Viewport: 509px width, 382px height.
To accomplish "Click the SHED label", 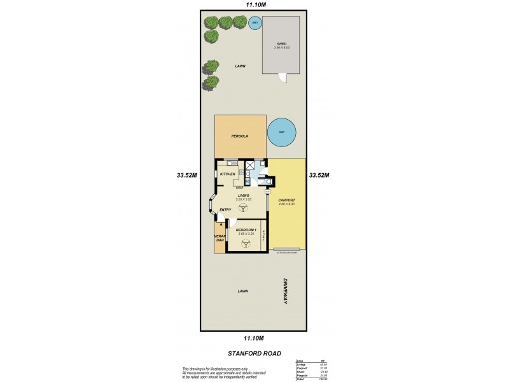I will [x=281, y=43].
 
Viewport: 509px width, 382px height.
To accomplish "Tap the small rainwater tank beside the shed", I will [x=255, y=24].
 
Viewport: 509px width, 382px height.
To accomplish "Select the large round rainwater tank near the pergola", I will [x=281, y=133].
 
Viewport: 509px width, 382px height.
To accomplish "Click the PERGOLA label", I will [x=239, y=136].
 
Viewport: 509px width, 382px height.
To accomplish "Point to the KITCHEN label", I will [x=227, y=174].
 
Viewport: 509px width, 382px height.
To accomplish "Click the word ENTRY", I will [x=225, y=209].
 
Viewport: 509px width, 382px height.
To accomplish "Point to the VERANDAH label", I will [x=220, y=238].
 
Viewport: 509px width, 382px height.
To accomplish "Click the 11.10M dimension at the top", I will [x=254, y=5].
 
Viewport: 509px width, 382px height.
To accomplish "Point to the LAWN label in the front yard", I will [x=242, y=291].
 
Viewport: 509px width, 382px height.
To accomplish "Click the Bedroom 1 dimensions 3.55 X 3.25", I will [x=246, y=234].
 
